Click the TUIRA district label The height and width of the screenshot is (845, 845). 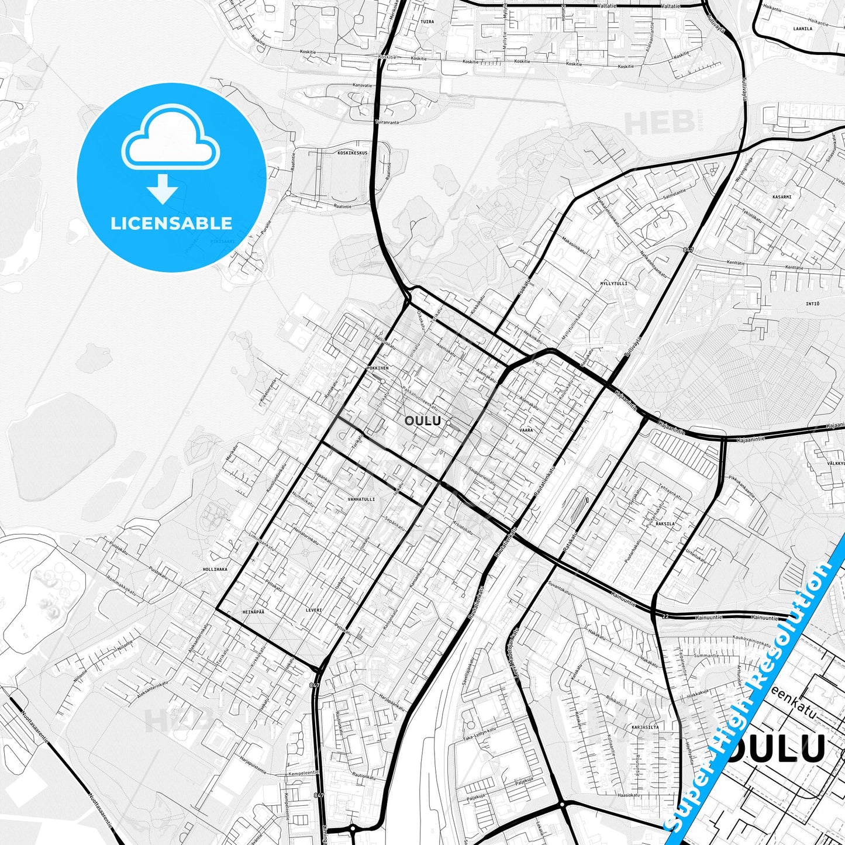(x=427, y=22)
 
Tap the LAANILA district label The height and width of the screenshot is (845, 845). (x=803, y=29)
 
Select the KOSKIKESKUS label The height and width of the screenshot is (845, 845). (x=353, y=153)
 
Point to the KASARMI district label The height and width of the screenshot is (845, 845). (x=782, y=197)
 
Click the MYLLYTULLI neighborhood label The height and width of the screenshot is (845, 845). (x=613, y=284)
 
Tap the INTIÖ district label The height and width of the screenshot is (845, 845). (x=812, y=304)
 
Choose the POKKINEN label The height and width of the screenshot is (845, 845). (x=377, y=368)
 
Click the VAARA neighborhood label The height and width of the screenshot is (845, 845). (x=526, y=430)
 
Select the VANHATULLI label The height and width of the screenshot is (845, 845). (x=361, y=499)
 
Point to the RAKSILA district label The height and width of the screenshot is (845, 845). (x=665, y=524)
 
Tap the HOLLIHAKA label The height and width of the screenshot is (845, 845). (x=215, y=569)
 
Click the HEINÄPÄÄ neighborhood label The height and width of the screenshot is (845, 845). (x=253, y=612)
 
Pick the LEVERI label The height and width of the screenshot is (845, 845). (x=314, y=610)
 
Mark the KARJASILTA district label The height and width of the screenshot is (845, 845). (x=646, y=727)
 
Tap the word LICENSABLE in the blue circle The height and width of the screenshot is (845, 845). (x=171, y=223)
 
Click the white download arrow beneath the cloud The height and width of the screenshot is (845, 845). (x=163, y=189)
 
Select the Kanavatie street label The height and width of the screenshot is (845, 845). (x=363, y=85)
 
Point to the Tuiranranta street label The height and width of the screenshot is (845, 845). (x=387, y=122)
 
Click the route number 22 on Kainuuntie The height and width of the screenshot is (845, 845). (x=665, y=617)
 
